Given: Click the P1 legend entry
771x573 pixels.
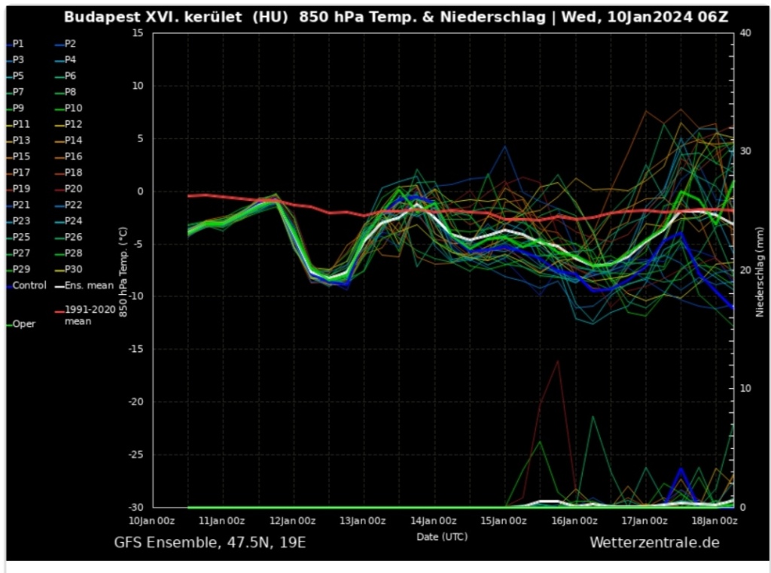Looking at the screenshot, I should pyautogui.click(x=18, y=44).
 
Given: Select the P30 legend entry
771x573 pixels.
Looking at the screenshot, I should pyautogui.click(x=73, y=269).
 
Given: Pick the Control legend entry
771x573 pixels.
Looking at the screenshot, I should pyautogui.click(x=29, y=286).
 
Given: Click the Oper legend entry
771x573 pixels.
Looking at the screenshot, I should pyautogui.click(x=23, y=324).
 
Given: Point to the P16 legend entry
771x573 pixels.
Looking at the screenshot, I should pyautogui.click(x=73, y=156).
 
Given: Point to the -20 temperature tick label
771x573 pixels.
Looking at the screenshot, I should pyautogui.click(x=135, y=402).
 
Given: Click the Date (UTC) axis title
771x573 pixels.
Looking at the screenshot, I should pyautogui.click(x=441, y=536).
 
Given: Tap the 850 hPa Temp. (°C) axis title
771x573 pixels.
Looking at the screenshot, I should pyautogui.click(x=123, y=271).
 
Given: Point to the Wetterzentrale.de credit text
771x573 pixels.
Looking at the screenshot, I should pyautogui.click(x=654, y=542).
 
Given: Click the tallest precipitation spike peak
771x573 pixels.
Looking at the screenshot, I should pyautogui.click(x=558, y=361).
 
